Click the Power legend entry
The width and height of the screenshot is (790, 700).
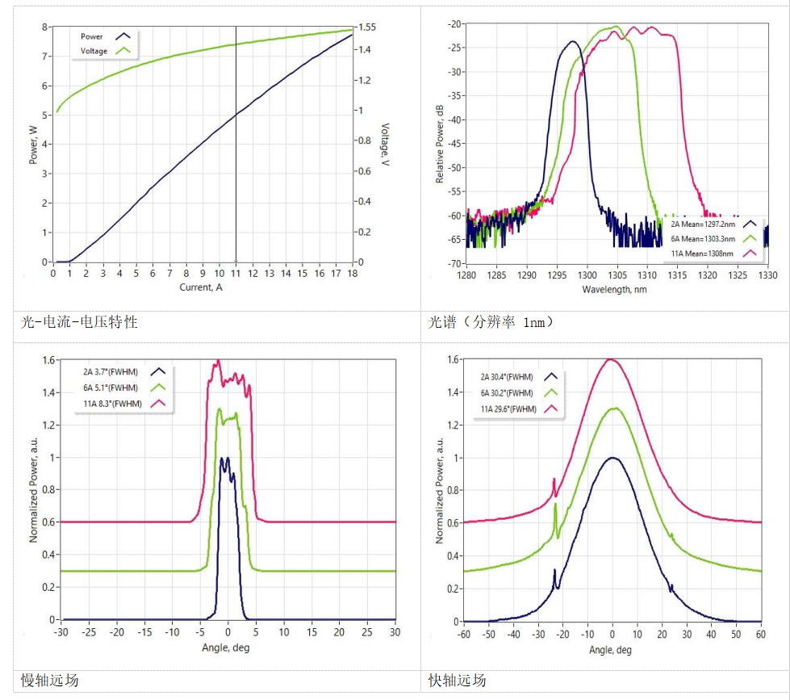coord(91,36)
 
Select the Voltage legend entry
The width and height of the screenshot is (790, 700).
coord(94,51)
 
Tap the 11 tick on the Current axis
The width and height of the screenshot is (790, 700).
coord(236,274)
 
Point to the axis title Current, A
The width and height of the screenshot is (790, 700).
coord(202,287)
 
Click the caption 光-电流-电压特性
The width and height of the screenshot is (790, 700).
coord(79,322)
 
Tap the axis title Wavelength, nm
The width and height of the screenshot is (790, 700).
coord(617,288)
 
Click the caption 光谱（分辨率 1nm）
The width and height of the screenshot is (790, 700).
coord(491,322)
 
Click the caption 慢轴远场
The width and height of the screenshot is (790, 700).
coord(49,681)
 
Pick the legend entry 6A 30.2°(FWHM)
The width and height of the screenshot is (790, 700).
coord(508,393)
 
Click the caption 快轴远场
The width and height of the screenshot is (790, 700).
coord(457,681)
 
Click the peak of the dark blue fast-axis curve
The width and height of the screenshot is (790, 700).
coord(613,458)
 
